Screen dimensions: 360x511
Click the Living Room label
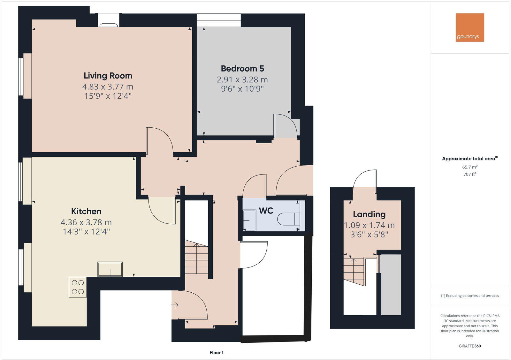[x=108, y=76]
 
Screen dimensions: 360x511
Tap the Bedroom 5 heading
[x=242, y=69]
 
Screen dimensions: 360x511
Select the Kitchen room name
[x=86, y=211]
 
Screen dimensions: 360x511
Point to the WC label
[x=266, y=211]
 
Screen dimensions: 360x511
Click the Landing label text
[x=369, y=214]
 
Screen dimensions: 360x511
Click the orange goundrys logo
[x=469, y=27]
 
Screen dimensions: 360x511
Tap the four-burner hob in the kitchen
[x=78, y=287]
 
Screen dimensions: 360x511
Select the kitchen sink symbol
[x=110, y=269]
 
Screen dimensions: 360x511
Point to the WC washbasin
[x=249, y=220]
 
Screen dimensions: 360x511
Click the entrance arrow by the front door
[x=174, y=305]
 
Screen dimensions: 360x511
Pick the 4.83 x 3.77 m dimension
[x=108, y=86]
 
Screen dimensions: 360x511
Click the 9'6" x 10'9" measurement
[x=242, y=88]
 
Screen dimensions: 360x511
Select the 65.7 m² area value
[x=469, y=167]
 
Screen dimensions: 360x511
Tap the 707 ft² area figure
[x=469, y=174]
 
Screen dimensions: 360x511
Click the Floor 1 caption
[x=217, y=353]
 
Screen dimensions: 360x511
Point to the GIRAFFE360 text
[x=469, y=346]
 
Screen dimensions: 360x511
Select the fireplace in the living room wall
[x=109, y=20]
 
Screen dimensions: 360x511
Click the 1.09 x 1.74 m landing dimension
[x=369, y=225]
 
